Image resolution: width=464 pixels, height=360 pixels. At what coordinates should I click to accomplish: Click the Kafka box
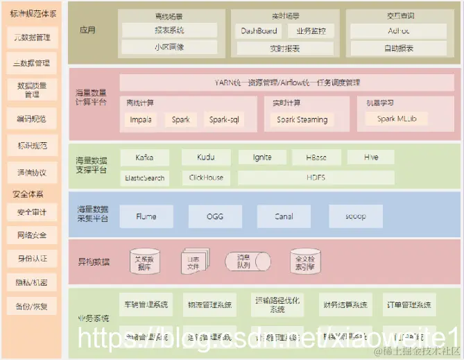pyautogui.click(x=145, y=157)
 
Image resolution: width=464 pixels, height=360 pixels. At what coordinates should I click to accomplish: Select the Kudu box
pyautogui.click(x=206, y=157)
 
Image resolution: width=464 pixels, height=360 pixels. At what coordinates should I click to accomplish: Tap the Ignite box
pyautogui.click(x=263, y=157)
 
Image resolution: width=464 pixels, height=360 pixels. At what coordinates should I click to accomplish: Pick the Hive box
pyautogui.click(x=371, y=157)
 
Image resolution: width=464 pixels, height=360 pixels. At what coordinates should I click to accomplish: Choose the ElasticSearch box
pyautogui.click(x=145, y=177)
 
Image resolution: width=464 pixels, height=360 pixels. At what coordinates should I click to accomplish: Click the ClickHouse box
pyautogui.click(x=206, y=177)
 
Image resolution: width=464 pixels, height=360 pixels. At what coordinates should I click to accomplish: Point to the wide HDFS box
pyautogui.click(x=316, y=177)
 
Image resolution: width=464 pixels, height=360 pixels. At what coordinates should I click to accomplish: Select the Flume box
pyautogui.click(x=146, y=216)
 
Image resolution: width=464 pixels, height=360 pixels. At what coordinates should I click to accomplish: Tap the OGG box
pyautogui.click(x=214, y=216)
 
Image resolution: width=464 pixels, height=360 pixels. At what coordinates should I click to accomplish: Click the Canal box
pyautogui.click(x=283, y=216)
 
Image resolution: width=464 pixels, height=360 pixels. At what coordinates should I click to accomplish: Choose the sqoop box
pyautogui.click(x=355, y=216)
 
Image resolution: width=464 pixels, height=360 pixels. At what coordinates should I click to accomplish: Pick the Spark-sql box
pyautogui.click(x=225, y=119)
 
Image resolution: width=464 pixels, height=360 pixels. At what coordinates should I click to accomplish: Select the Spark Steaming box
pyautogui.click(x=302, y=119)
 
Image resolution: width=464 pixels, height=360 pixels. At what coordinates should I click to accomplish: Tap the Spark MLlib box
pyautogui.click(x=397, y=119)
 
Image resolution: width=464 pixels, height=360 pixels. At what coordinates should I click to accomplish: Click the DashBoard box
pyautogui.click(x=259, y=31)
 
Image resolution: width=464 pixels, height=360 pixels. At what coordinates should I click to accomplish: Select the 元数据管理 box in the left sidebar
pyautogui.click(x=32, y=37)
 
